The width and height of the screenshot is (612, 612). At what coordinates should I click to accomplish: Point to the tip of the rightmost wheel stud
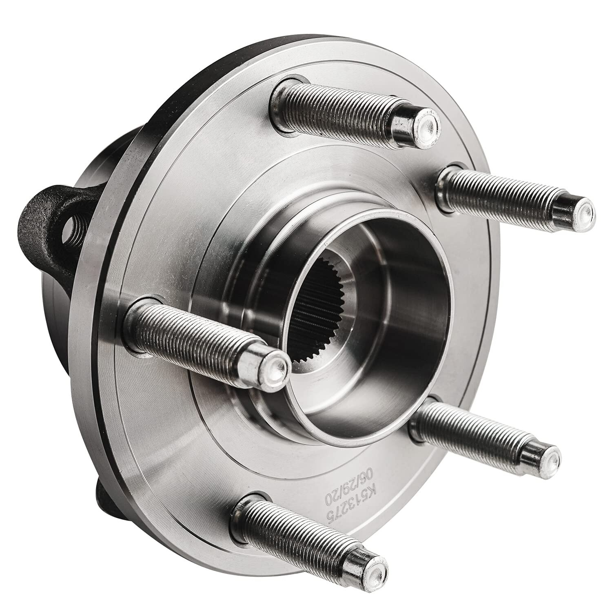click(579, 212)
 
